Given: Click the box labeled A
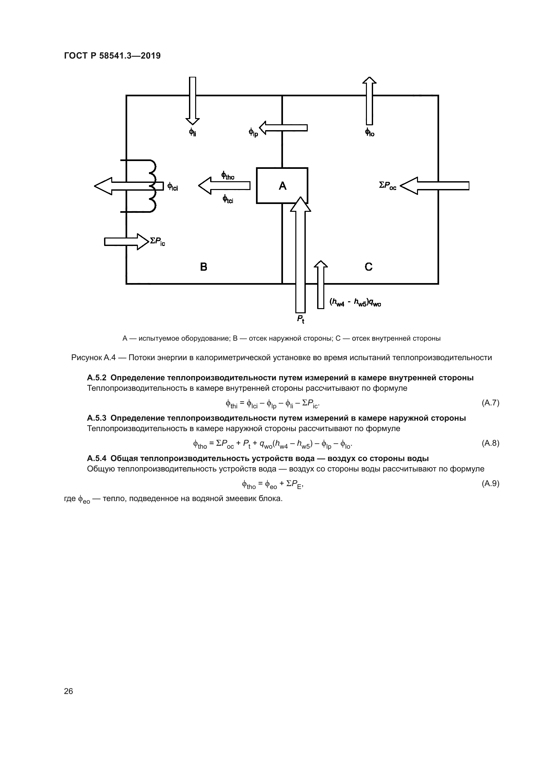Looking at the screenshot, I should point(282,185).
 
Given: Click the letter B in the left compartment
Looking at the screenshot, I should point(204,267).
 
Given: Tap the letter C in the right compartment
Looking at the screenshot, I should point(369,267).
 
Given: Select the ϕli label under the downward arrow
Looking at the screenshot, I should point(193,132).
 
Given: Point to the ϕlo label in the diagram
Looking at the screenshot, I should point(370,132).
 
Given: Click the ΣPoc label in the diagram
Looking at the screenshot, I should point(388,185).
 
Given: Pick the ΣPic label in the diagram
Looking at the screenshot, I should point(157,242).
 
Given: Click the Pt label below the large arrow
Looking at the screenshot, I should point(301,319).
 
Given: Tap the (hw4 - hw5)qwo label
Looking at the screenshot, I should point(355,302).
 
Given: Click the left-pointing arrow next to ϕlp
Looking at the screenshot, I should point(283,128).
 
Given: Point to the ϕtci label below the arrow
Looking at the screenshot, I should point(228,199).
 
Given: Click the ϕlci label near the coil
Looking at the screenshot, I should point(173,187).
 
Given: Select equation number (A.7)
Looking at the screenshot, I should point(490,403).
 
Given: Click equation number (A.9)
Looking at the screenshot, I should point(490,483).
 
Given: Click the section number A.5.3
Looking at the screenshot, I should point(96,418).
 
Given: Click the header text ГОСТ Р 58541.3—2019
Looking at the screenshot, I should point(112,56).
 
